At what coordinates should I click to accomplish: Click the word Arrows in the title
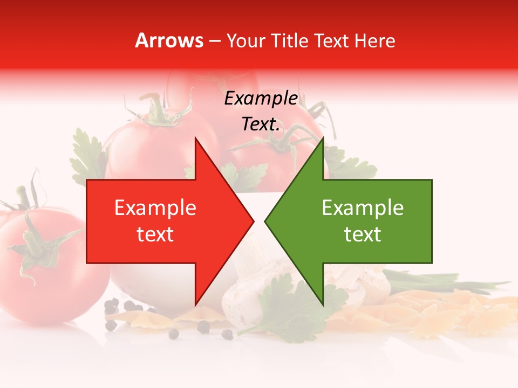(169, 41)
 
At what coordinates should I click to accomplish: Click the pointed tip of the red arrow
(253, 221)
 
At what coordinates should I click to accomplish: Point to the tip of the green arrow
(266, 221)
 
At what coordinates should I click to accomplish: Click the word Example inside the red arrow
(155, 208)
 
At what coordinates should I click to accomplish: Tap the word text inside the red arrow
(155, 234)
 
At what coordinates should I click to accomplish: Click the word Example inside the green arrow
(363, 208)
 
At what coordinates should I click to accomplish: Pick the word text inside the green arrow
(363, 234)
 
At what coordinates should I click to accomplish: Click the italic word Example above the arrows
(261, 98)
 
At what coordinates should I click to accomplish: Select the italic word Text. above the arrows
(261, 124)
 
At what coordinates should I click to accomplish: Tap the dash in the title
(214, 41)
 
